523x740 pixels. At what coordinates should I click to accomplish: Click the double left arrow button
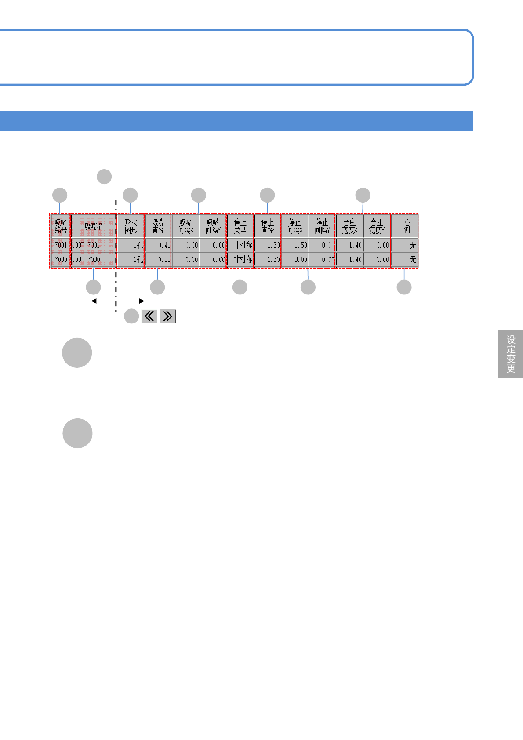coord(149,316)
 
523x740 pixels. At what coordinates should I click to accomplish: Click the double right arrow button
coord(167,316)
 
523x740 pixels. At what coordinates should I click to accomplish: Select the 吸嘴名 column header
coord(94,226)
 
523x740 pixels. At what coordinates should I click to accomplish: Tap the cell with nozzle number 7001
coord(61,245)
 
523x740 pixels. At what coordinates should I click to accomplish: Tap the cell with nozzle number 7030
coord(61,259)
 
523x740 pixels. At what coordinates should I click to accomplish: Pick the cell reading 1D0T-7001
coord(94,245)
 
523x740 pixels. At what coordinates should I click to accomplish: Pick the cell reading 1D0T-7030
coord(94,259)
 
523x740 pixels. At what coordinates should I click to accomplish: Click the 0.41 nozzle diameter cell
coord(158,245)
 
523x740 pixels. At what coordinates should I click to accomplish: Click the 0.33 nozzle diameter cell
coord(158,259)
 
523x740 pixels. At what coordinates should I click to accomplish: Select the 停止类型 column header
coord(240,226)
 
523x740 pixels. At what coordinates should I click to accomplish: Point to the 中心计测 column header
coord(404,226)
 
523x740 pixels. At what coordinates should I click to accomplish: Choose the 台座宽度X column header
coord(349,226)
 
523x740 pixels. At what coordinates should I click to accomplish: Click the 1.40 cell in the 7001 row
coord(350,245)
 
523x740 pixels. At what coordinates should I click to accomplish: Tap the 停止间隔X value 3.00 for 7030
coord(295,259)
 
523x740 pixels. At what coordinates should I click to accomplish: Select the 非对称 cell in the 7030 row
coord(240,259)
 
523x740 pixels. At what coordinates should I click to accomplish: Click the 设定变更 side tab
coord(511,354)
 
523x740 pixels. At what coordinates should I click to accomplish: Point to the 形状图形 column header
coord(131,226)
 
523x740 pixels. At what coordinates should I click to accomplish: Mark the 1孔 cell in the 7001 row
coord(131,245)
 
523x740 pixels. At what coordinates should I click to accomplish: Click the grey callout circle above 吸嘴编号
coord(60,195)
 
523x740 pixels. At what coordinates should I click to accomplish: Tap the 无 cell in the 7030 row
coord(404,259)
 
